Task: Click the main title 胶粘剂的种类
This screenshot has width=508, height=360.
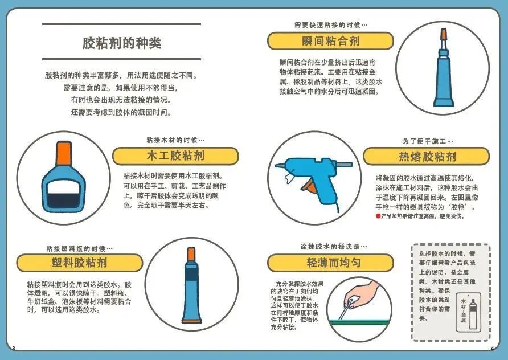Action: tap(122, 43)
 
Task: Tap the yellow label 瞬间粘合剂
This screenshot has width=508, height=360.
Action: tap(330, 41)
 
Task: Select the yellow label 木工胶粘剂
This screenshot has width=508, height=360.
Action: tap(175, 156)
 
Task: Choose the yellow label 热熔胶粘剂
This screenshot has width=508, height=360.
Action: tap(427, 157)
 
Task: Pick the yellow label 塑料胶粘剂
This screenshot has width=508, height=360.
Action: tap(79, 263)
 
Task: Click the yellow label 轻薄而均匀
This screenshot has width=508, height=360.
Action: tap(330, 263)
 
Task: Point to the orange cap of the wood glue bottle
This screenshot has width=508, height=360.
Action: tap(64, 153)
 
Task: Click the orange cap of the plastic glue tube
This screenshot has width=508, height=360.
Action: tap(191, 254)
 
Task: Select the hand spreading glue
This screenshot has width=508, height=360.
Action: tap(361, 294)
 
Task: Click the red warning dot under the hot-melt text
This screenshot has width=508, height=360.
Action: tap(378, 216)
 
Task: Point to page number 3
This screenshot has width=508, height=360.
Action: tap(14, 348)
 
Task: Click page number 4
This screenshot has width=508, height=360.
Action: tap(492, 349)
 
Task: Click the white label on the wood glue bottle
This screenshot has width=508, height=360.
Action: tap(64, 187)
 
